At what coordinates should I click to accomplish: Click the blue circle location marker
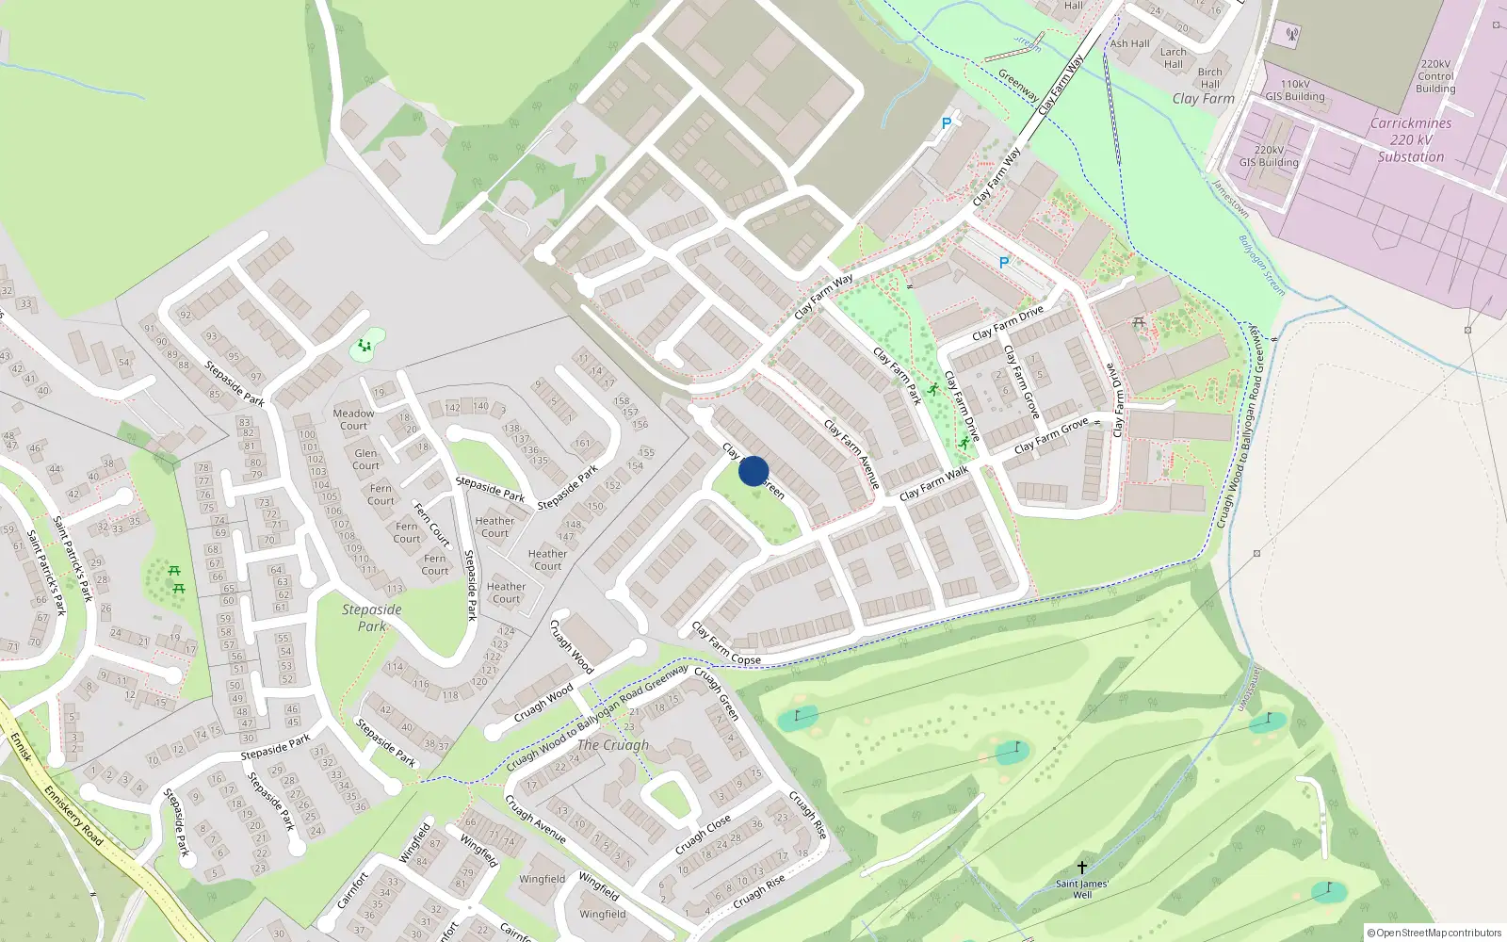click(x=753, y=471)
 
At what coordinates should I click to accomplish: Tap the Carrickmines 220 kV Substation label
click(x=1410, y=140)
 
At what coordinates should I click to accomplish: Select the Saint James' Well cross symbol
click(x=1082, y=868)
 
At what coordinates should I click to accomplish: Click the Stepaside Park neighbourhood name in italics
click(x=372, y=618)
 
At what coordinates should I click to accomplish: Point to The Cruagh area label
click(x=613, y=745)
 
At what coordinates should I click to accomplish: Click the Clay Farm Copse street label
click(x=726, y=644)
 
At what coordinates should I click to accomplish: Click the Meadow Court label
click(x=353, y=419)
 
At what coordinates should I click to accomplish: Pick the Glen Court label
click(x=365, y=460)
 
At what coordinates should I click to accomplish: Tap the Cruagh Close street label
click(x=703, y=836)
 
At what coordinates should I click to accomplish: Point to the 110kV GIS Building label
click(x=1295, y=90)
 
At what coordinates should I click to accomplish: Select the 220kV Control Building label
click(x=1435, y=76)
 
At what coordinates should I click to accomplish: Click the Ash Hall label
click(x=1129, y=43)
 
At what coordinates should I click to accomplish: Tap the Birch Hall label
click(x=1210, y=77)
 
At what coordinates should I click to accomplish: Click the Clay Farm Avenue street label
click(x=851, y=454)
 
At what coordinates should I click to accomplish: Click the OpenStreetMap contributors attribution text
click(x=1434, y=933)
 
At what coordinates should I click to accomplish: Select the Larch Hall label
click(x=1173, y=58)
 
